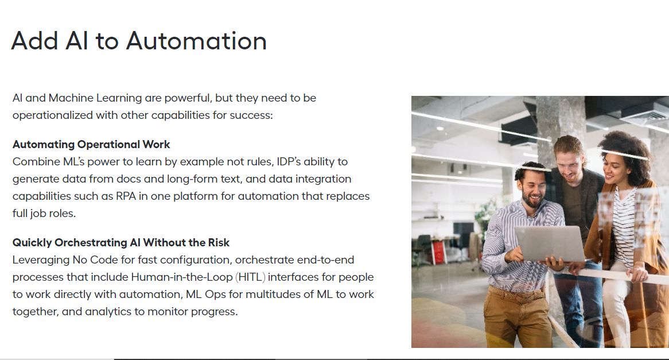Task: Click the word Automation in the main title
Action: click(x=196, y=41)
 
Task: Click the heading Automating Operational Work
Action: click(x=91, y=145)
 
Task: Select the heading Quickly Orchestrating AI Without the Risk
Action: click(x=120, y=242)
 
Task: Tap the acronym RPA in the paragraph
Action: click(x=126, y=196)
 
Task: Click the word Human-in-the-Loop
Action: click(x=182, y=277)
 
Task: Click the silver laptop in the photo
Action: click(x=550, y=243)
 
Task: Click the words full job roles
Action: click(x=44, y=214)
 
